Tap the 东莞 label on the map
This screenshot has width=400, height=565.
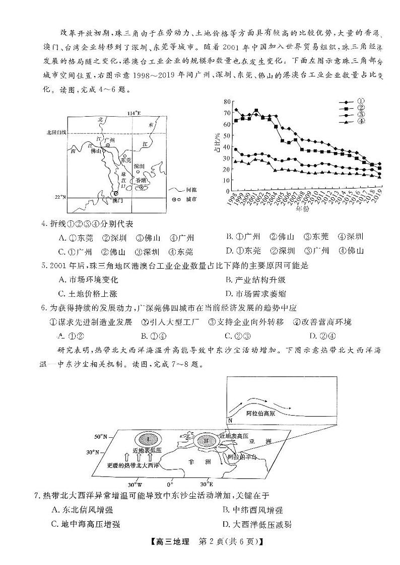(127, 159)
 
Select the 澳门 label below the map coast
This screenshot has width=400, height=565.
(117, 200)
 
